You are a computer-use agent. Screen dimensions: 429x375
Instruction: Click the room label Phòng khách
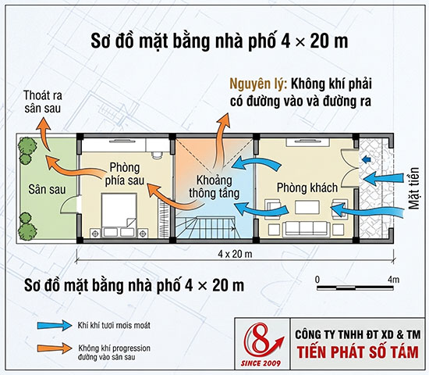[x=307, y=188]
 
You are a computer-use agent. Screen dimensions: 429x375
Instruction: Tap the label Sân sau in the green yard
[x=47, y=189]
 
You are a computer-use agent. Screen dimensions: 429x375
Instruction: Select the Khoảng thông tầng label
[x=214, y=187]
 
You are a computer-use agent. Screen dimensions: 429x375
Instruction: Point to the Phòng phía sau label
[x=125, y=173]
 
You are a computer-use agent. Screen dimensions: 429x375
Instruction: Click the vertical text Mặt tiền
[x=413, y=188]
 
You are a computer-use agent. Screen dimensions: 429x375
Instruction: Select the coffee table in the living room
[x=307, y=208]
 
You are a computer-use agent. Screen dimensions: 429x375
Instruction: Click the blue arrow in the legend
[x=55, y=325]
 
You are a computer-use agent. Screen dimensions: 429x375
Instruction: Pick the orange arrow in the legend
[x=55, y=348]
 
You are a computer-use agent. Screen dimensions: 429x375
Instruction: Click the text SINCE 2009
[x=261, y=364]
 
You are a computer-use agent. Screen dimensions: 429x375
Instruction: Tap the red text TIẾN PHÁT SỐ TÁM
[x=358, y=352]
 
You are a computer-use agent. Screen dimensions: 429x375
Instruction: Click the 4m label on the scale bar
[x=393, y=280]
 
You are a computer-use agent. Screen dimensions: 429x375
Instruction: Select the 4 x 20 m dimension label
[x=235, y=254]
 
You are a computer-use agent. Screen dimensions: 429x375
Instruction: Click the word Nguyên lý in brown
[x=258, y=84]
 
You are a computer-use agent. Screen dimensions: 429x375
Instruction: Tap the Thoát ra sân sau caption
[x=43, y=102]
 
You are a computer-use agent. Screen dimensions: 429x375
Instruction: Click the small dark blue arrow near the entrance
[x=365, y=159]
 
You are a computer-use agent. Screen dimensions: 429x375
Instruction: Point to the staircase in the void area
[x=204, y=227]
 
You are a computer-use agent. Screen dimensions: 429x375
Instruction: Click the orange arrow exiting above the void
[x=220, y=139]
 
